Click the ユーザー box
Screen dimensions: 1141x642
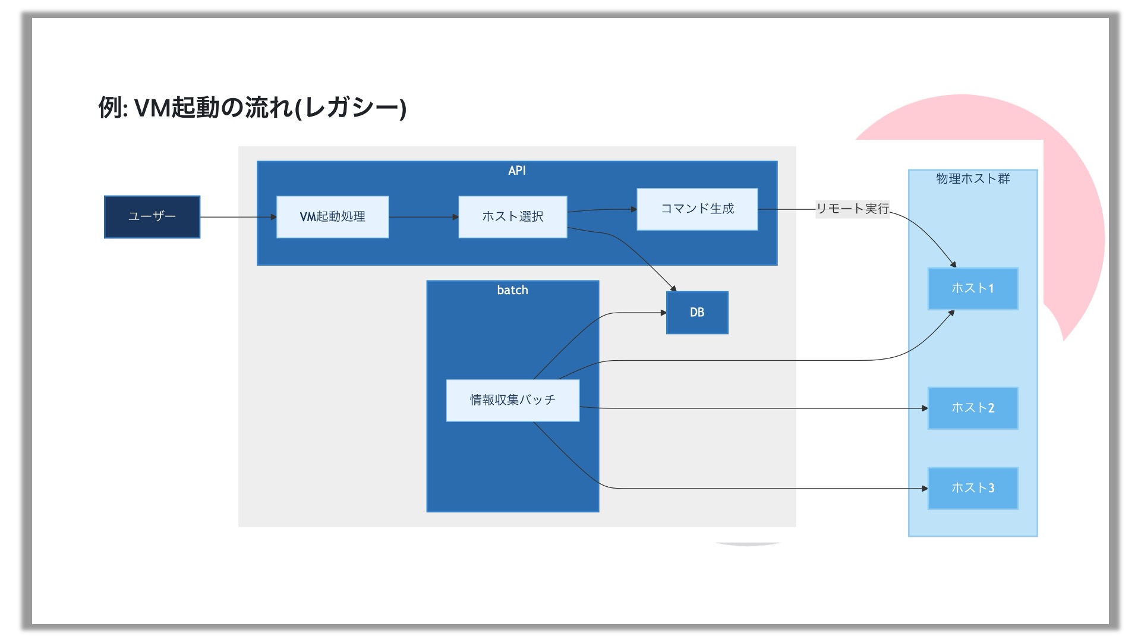[152, 217]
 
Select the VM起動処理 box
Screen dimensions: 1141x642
[333, 217]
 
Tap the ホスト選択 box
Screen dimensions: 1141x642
[513, 217]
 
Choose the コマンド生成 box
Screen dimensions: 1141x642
[697, 209]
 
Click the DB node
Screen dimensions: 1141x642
[697, 313]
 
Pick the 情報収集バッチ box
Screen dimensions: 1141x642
[513, 400]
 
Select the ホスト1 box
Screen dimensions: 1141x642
[973, 289]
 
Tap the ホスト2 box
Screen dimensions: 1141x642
[973, 408]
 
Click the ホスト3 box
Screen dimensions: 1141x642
[973, 489]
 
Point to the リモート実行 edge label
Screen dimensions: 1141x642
[852, 209]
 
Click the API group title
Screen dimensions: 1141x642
[517, 171]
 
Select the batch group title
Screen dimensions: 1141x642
[512, 290]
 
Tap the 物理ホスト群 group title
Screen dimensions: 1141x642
[973, 178]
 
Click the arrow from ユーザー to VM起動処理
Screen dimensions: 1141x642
[238, 217]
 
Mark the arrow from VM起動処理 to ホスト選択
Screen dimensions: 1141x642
[424, 217]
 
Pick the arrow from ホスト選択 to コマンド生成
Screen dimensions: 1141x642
[602, 210]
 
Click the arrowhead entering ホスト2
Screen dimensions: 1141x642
[925, 408]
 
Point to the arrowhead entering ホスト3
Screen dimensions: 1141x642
[925, 489]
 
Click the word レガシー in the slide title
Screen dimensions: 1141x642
[351, 108]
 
